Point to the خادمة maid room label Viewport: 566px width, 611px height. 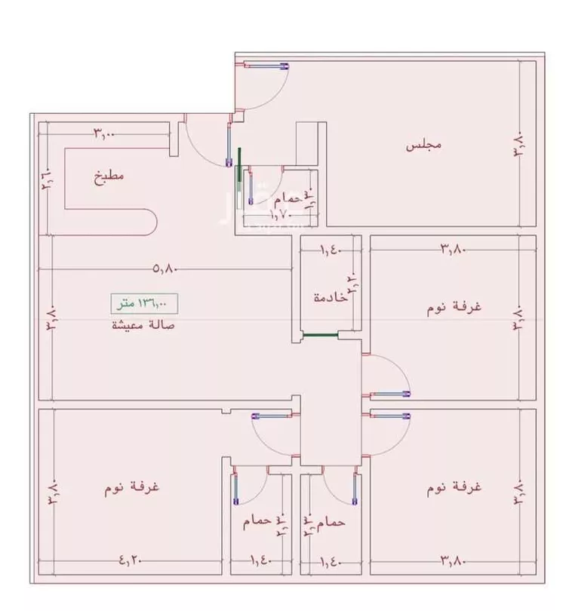(x=331, y=297)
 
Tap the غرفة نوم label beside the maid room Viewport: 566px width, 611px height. (x=457, y=307)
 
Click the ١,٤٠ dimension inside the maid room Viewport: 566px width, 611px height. (x=330, y=249)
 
